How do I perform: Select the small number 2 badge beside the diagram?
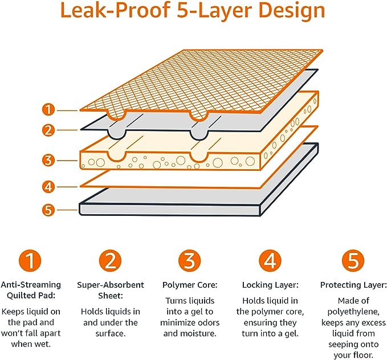[x=50, y=130]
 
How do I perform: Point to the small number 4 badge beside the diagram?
[x=50, y=186]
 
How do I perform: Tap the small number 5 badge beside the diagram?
[x=50, y=210]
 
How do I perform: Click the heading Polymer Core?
[x=189, y=285]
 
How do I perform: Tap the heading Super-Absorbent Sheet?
[x=111, y=290]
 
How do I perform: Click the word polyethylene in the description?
[x=353, y=312]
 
